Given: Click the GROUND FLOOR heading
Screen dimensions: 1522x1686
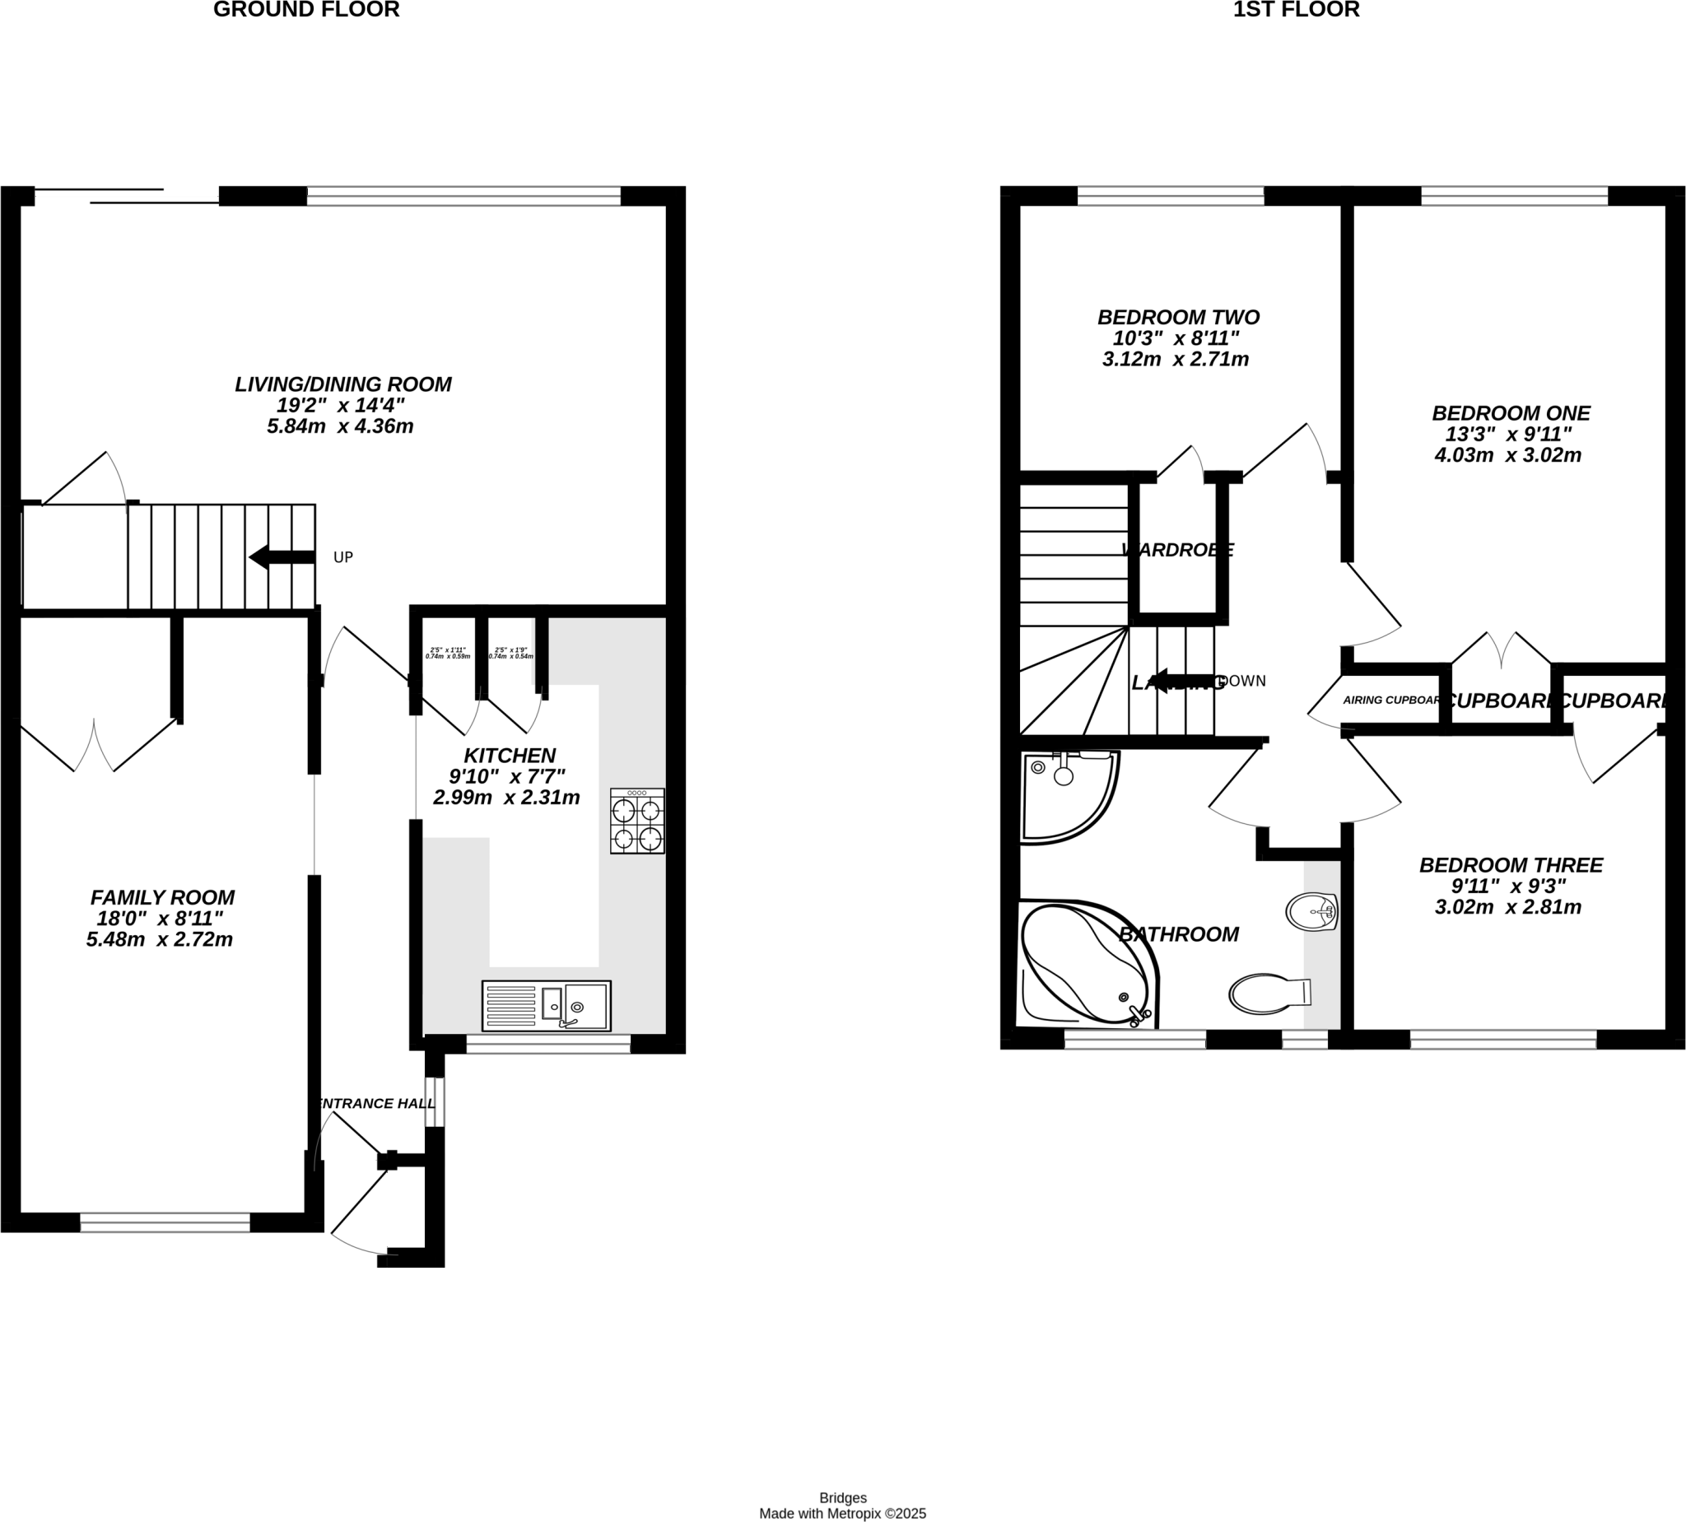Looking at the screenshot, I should click(x=306, y=10).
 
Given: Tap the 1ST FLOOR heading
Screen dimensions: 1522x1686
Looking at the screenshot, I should click(x=1297, y=10).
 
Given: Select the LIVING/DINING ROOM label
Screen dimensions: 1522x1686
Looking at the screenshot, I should click(x=343, y=384).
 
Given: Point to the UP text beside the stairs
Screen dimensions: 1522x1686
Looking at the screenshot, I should click(x=343, y=558).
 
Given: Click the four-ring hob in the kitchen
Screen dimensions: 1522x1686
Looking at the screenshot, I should click(x=637, y=821).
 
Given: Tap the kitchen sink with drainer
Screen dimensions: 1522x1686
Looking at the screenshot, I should click(x=546, y=1005).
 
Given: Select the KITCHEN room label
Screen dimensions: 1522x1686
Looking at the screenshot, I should click(x=510, y=756).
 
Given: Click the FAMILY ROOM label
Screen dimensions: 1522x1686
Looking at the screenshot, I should click(x=162, y=897).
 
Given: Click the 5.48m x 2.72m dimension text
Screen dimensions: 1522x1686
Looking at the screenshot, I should click(x=159, y=939).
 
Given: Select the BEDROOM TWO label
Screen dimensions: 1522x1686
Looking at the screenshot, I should click(x=1178, y=318).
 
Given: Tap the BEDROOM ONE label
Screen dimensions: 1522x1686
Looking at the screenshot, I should click(x=1511, y=413).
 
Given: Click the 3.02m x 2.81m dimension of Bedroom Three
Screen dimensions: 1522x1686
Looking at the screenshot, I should click(x=1508, y=906).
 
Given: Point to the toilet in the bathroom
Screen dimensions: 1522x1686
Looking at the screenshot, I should click(x=1267, y=993).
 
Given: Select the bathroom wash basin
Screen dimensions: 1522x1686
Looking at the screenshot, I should click(x=1311, y=911).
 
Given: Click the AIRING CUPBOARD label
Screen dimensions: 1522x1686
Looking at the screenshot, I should click(x=1390, y=700).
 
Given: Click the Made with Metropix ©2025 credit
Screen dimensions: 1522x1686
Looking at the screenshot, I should click(x=842, y=1514).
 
